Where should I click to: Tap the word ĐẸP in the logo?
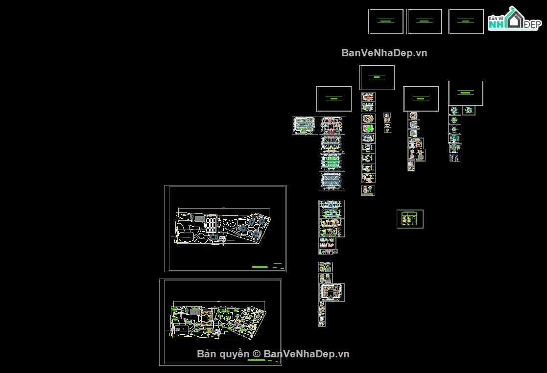click(531, 24)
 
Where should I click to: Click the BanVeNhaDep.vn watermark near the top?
click(384, 53)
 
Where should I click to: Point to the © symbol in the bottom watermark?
click(256, 353)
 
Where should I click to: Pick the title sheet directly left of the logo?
click(466, 22)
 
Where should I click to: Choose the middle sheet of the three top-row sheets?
click(424, 22)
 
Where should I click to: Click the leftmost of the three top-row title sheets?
click(385, 22)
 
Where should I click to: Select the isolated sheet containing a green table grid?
click(410, 219)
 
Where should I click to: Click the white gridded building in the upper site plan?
click(211, 224)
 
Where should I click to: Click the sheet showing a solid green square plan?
click(368, 129)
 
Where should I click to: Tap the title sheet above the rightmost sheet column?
click(465, 93)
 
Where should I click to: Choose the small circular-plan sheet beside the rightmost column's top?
click(469, 111)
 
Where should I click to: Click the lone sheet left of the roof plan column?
click(304, 125)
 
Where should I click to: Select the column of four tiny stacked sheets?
click(387, 122)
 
